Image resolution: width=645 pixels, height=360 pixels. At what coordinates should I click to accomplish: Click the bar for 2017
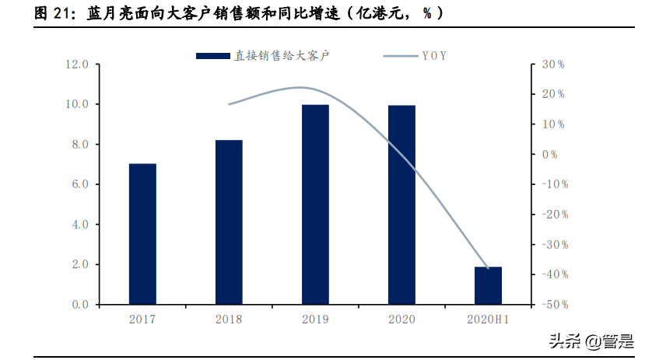click(x=142, y=234)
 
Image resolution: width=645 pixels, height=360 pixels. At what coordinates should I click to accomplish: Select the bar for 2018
click(x=229, y=222)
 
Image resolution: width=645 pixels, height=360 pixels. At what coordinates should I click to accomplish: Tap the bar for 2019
click(x=315, y=204)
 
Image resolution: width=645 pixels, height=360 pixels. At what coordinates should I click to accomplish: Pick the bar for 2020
click(x=401, y=205)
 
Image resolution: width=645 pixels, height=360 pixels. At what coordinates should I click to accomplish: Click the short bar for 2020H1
click(x=488, y=285)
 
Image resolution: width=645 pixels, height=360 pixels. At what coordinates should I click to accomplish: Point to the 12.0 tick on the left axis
click(x=79, y=65)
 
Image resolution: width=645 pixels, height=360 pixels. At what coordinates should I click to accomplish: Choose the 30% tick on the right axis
click(x=553, y=65)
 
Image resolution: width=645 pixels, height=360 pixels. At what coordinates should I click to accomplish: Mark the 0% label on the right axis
click(x=550, y=155)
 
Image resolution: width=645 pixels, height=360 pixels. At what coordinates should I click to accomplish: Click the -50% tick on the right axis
click(x=553, y=305)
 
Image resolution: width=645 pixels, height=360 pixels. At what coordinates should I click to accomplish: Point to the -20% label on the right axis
click(x=553, y=215)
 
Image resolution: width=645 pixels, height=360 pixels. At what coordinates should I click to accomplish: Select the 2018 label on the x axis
click(x=229, y=320)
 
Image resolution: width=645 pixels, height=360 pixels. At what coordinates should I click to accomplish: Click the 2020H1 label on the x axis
click(x=488, y=320)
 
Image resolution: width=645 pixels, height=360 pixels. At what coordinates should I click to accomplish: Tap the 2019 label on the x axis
click(x=315, y=320)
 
